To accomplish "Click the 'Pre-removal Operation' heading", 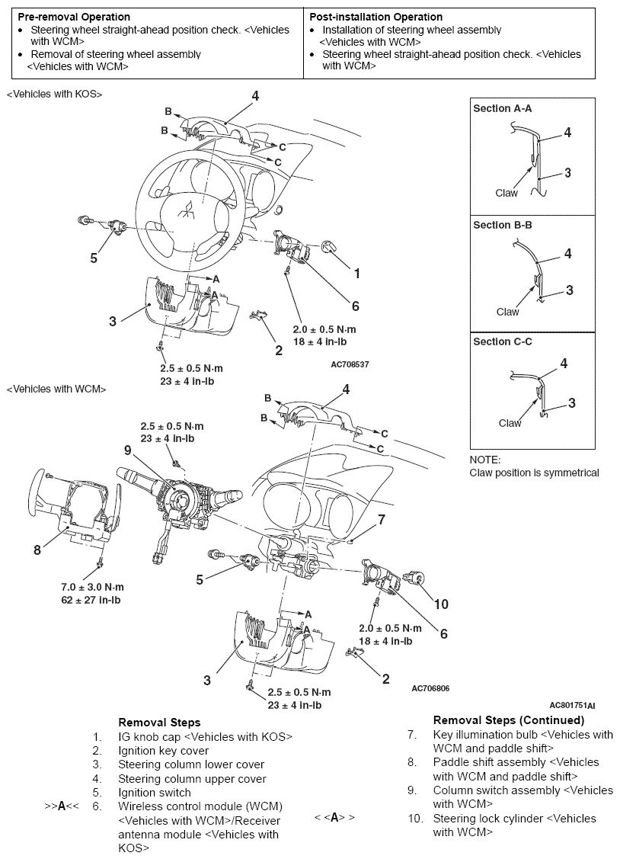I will point(74,17).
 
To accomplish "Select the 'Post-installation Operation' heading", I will point(376,17).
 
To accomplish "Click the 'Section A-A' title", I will point(503,108).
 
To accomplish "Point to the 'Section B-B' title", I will point(503,225).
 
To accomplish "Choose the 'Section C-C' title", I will point(503,341).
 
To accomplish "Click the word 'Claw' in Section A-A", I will point(507,193).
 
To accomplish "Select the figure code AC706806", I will point(430,688).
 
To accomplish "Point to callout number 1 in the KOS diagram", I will point(356,272).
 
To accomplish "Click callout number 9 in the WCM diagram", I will point(128,450).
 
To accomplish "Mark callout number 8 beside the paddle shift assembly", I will point(37,549).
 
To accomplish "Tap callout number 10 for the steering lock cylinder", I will point(441,604).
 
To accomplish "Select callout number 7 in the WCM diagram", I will point(382,520).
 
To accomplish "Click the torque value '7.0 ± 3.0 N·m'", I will point(92,587).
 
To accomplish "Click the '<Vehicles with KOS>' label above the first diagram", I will point(54,94).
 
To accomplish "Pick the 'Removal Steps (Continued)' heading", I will point(509,720).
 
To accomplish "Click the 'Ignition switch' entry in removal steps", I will point(155,793).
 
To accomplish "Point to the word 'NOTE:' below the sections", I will point(486,460).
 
